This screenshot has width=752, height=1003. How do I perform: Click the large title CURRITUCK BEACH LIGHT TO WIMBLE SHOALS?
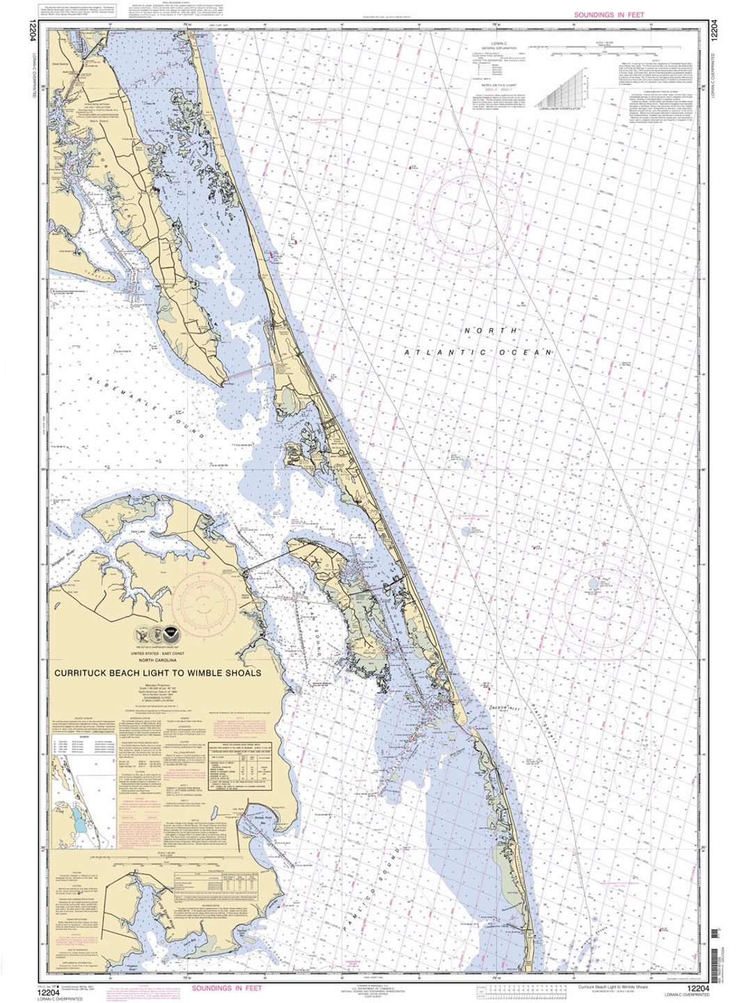click(x=158, y=673)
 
